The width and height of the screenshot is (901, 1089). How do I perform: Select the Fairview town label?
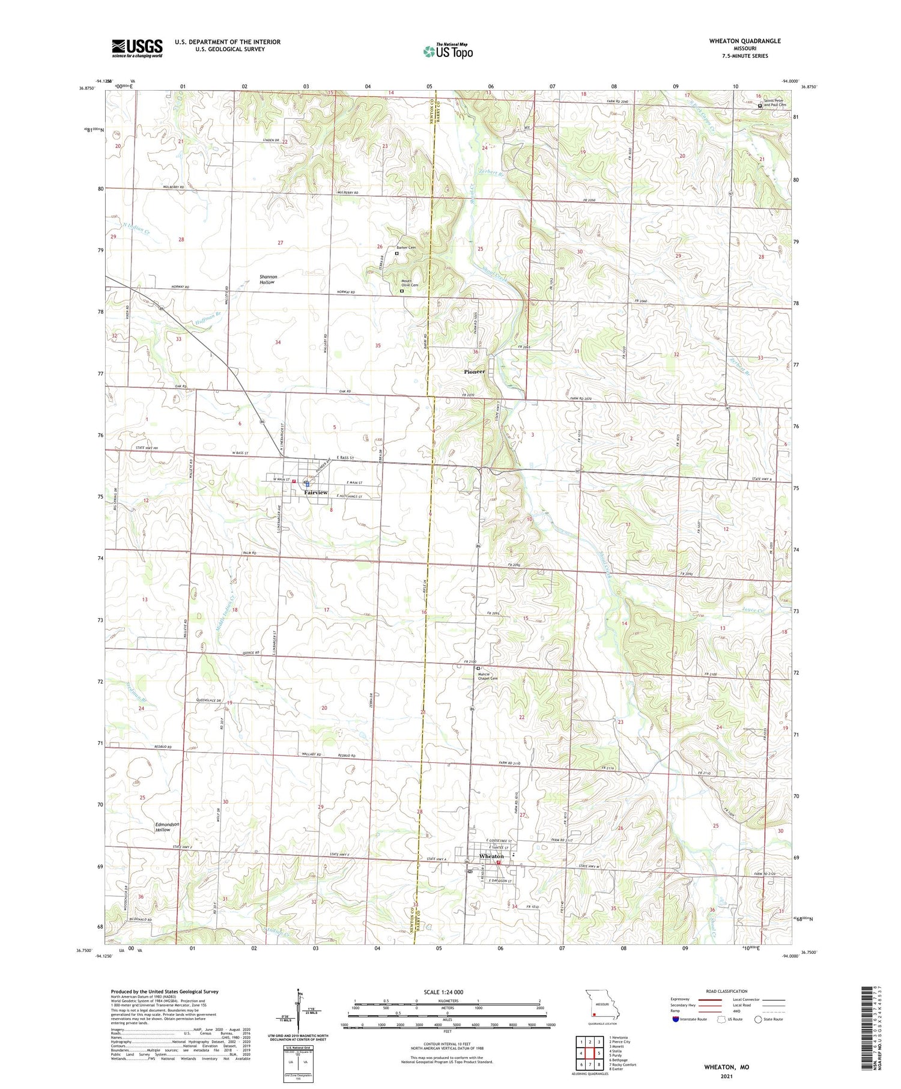coord(316,493)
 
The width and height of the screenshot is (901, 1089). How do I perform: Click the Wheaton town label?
coord(491,856)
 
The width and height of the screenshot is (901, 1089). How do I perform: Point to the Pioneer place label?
coord(475,372)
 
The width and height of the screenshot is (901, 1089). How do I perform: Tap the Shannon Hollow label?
coord(267,279)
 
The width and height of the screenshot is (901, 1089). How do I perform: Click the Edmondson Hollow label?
coord(166,827)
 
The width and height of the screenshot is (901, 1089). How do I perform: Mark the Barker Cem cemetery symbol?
coord(396,253)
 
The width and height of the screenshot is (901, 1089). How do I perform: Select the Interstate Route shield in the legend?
coord(676,1019)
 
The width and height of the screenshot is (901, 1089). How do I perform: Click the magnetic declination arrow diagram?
coord(297,1012)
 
